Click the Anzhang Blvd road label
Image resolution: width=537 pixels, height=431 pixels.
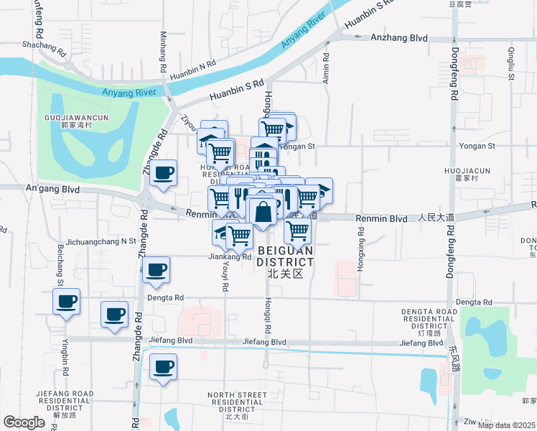click(398, 39)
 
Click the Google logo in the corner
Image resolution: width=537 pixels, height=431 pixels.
click(24, 422)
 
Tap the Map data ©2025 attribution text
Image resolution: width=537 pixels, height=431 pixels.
click(507, 425)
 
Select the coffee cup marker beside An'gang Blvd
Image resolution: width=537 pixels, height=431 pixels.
click(164, 173)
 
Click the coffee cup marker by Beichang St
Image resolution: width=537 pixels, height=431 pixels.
click(67, 301)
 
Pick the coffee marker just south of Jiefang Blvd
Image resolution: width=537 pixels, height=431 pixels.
click(163, 367)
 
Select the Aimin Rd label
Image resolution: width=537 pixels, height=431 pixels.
click(326, 68)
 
